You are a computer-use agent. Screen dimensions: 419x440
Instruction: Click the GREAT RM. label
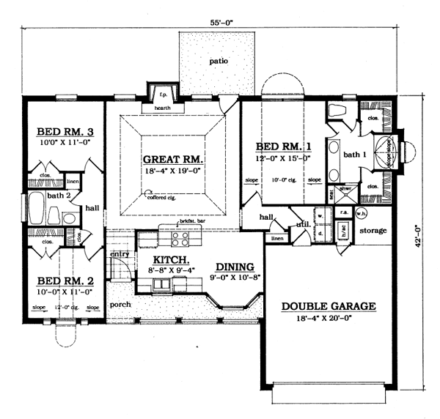[173, 158]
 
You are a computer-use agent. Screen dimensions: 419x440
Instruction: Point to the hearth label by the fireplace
[163, 108]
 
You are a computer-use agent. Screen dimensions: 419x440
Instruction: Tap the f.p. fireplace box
[162, 95]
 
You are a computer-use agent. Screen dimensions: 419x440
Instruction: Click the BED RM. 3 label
[62, 133]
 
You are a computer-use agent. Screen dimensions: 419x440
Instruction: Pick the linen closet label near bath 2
[73, 181]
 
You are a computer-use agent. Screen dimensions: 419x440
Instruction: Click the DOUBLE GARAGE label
[328, 306]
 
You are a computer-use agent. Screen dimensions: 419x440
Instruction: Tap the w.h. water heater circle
[361, 213]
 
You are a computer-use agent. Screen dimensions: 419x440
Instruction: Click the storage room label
[373, 231]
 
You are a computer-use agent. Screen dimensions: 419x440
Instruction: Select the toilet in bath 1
[338, 111]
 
